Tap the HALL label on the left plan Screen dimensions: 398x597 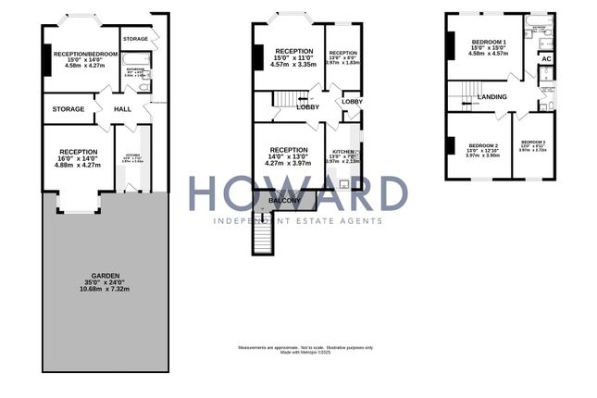click(122, 109)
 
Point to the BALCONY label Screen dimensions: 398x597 click(283, 200)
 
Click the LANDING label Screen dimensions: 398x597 click(491, 97)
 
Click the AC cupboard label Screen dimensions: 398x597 click(546, 59)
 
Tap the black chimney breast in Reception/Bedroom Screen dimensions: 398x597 click(45, 59)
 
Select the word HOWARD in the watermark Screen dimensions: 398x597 click(298, 195)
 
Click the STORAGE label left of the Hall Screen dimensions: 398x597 click(68, 109)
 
